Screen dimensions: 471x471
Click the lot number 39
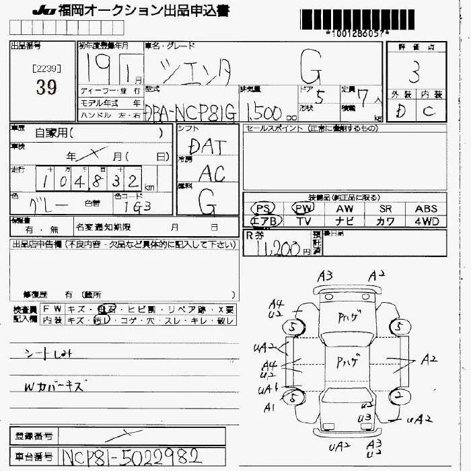coord(42,88)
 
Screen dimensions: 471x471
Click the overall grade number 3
coord(415,70)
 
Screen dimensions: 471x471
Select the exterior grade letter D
coord(401,111)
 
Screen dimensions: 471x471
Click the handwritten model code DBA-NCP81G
coord(191,112)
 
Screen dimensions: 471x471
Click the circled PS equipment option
coord(263,209)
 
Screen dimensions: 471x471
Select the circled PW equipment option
coord(304,209)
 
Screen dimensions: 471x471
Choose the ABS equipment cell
coord(426,209)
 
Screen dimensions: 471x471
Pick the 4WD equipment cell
coord(426,221)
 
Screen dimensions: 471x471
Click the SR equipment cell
coord(386,209)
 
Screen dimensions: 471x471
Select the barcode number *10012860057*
coord(357,34)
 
